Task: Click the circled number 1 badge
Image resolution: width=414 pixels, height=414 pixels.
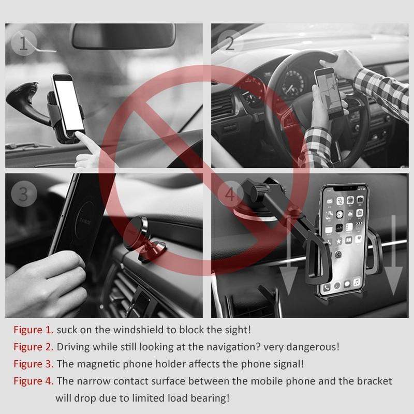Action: [x=24, y=42]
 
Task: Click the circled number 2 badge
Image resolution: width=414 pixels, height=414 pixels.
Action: [x=230, y=42]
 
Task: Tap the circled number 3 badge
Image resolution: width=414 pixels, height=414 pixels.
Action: [x=24, y=194]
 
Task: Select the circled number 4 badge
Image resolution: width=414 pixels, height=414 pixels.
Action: [x=230, y=194]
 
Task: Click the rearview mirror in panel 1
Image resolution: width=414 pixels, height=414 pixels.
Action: [x=124, y=36]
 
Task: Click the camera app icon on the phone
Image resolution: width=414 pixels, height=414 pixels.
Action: [x=360, y=200]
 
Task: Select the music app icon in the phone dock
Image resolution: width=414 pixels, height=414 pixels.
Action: [x=357, y=282]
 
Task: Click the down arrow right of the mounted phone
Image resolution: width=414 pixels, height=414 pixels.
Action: [x=393, y=255]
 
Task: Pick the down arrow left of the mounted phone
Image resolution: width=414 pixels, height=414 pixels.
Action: [x=289, y=255]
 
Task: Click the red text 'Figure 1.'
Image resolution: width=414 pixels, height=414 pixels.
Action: [x=34, y=330]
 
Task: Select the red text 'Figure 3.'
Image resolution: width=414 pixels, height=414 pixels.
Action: [x=34, y=364]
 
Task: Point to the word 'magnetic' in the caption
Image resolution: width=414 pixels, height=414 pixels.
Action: [x=98, y=364]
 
